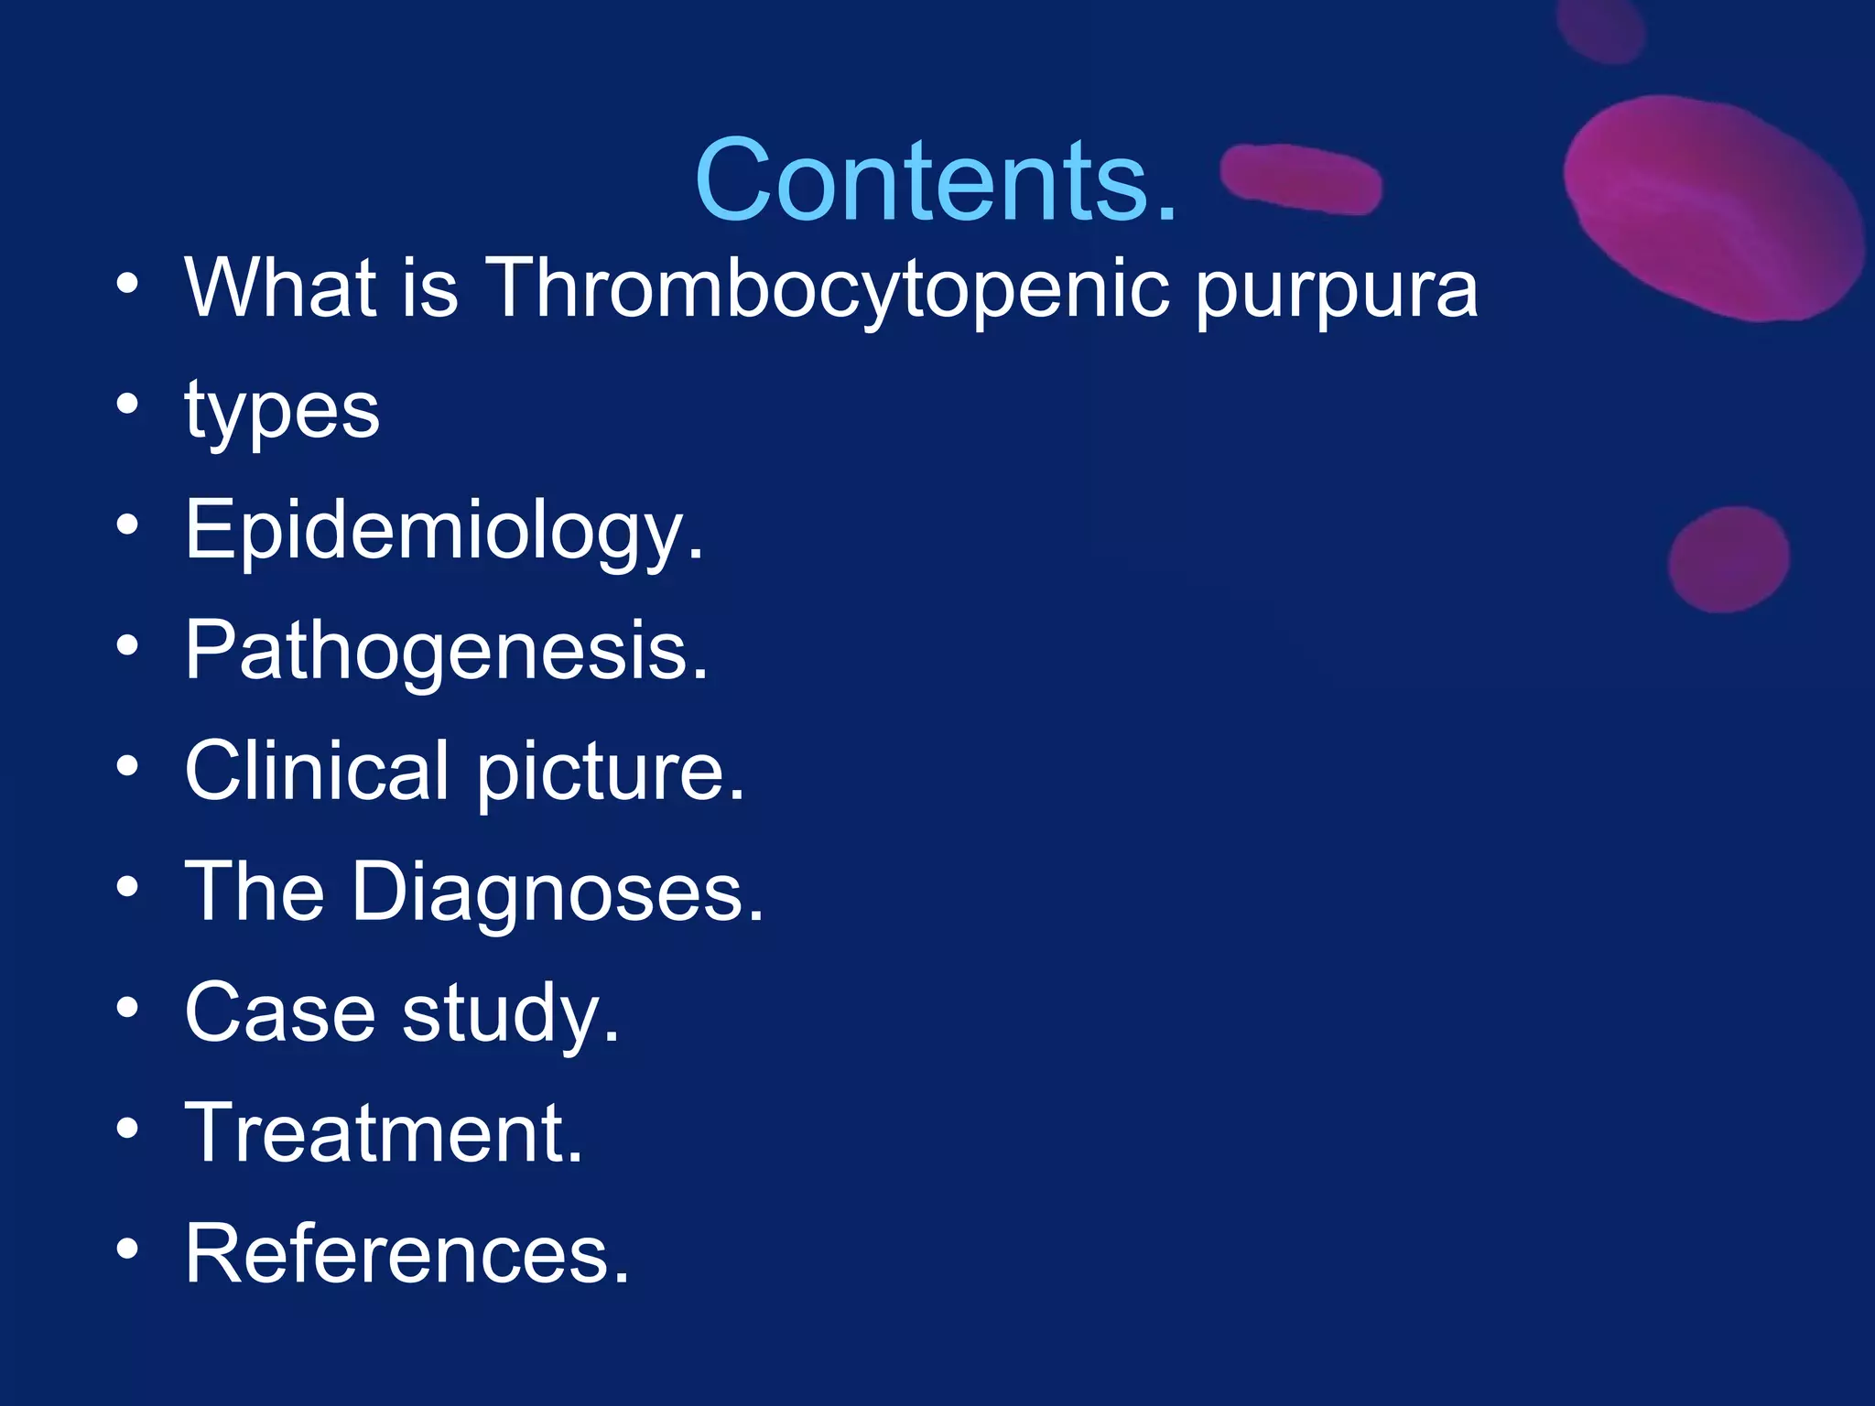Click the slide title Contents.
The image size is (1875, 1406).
tap(936, 179)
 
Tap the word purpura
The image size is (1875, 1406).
tap(1336, 291)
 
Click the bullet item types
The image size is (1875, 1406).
tap(282, 412)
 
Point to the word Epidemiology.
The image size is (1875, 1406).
tap(444, 531)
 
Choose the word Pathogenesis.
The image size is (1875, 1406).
tap(446, 652)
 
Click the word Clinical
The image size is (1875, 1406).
tap(317, 771)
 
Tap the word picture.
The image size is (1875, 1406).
tap(610, 773)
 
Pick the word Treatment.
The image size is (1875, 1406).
tap(384, 1133)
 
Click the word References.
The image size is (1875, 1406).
tap(406, 1254)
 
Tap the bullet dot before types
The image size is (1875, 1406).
tap(128, 403)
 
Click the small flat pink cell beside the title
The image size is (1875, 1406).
tap(1302, 178)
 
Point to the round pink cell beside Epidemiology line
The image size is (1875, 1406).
tap(1728, 559)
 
